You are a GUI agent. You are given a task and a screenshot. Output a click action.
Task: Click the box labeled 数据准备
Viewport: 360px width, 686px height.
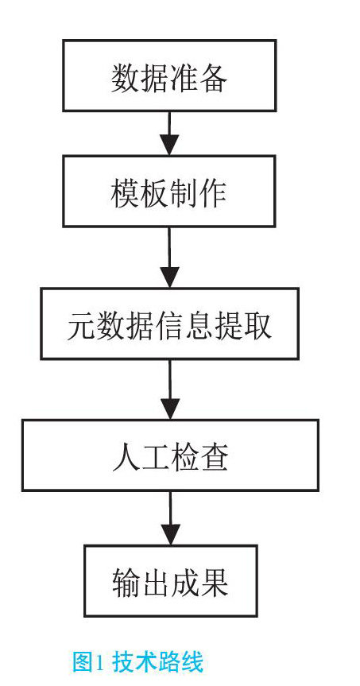(169, 76)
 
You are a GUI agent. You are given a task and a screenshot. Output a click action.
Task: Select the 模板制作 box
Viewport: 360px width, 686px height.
(169, 192)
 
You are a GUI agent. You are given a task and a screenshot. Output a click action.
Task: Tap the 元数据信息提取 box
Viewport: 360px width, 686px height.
(170, 324)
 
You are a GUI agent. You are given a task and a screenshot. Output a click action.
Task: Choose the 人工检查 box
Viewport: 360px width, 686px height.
(170, 455)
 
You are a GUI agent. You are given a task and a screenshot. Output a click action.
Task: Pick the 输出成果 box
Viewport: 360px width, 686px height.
(171, 580)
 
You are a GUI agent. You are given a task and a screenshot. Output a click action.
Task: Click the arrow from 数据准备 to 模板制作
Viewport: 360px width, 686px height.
(169, 134)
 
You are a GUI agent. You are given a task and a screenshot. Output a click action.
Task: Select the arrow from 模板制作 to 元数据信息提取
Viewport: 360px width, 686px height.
(169, 258)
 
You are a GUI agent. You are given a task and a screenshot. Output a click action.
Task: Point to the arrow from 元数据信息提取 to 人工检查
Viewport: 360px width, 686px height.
(170, 390)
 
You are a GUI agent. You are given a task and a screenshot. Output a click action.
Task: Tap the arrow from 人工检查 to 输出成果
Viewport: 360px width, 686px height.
(170, 518)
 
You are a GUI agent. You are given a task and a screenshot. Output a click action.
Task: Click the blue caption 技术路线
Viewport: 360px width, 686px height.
(158, 662)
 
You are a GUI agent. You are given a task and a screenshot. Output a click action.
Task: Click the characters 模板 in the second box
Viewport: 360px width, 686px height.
(140, 192)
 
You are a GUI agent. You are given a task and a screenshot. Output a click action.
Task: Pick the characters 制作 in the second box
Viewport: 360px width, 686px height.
(198, 192)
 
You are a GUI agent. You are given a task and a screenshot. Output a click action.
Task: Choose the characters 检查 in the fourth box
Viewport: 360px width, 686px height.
(199, 455)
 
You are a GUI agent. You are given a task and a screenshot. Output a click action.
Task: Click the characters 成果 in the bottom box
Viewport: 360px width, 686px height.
(199, 582)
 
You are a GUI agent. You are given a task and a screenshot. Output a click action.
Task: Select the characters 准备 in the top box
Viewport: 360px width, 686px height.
(199, 77)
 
